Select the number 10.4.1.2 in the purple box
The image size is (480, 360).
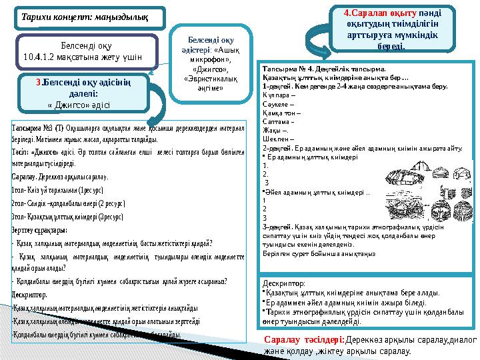(43, 57)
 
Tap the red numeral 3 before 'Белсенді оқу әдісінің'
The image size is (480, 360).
(39, 82)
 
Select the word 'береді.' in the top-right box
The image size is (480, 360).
(388, 47)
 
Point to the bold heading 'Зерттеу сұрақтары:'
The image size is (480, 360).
(39, 229)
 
